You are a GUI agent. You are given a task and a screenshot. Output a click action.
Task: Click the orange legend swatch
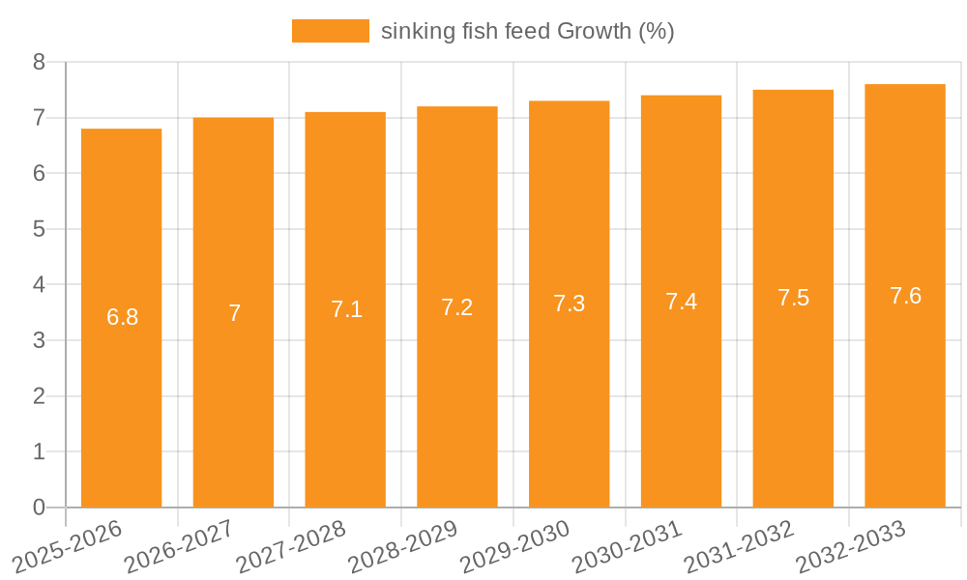coord(330,31)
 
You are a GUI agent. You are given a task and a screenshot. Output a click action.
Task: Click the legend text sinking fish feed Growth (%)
coord(527,31)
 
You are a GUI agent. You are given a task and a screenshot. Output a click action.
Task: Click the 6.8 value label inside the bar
coord(122,317)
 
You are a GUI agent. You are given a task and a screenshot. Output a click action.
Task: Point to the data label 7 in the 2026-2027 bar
coord(234,313)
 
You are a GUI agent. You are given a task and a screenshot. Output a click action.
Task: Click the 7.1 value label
coord(346,309)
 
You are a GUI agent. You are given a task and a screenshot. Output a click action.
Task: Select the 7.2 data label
coord(456,307)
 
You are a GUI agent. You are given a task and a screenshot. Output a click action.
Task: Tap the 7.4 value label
coord(681,302)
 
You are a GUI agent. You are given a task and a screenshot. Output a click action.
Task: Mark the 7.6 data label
coord(905,296)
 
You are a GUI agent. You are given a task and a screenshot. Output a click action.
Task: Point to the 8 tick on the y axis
coord(39,62)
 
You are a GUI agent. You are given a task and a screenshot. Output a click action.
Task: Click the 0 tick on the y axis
coord(39,507)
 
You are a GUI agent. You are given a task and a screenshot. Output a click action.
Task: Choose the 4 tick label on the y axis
coord(39,285)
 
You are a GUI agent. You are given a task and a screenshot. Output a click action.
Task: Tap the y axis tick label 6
coord(39,173)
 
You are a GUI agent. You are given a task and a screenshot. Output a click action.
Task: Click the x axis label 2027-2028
coord(291,546)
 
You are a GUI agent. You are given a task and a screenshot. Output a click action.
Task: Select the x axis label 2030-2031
coord(628,546)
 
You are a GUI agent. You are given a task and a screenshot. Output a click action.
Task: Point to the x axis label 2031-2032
coord(740,546)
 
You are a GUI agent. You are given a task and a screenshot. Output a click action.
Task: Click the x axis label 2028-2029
coord(403,546)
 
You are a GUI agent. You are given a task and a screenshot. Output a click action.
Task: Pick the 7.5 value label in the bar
coord(793,298)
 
